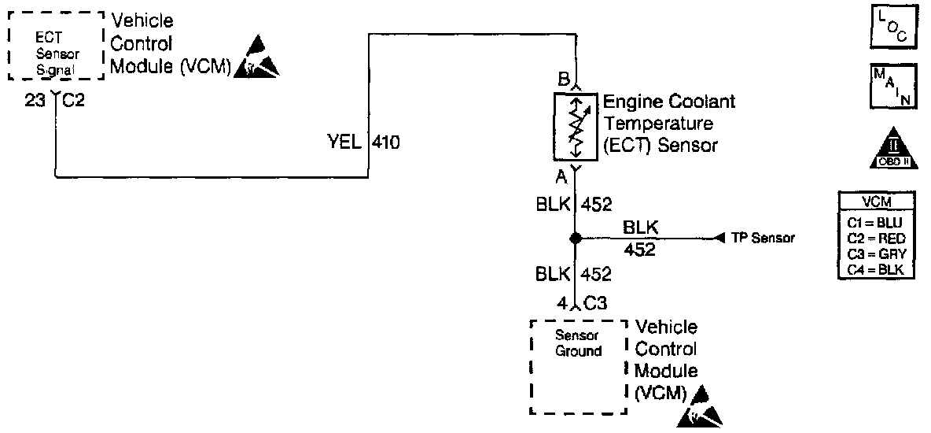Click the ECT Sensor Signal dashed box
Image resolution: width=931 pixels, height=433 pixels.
55,45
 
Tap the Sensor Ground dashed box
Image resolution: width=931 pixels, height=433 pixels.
578,366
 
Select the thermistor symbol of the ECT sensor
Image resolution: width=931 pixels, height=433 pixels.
576,126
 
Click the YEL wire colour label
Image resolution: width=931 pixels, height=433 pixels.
344,142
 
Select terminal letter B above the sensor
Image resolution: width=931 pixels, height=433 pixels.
563,79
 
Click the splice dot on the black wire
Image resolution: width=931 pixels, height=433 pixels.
576,238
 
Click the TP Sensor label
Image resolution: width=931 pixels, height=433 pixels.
762,238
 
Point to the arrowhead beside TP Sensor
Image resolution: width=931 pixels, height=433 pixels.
719,238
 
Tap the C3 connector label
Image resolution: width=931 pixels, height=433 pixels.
594,302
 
